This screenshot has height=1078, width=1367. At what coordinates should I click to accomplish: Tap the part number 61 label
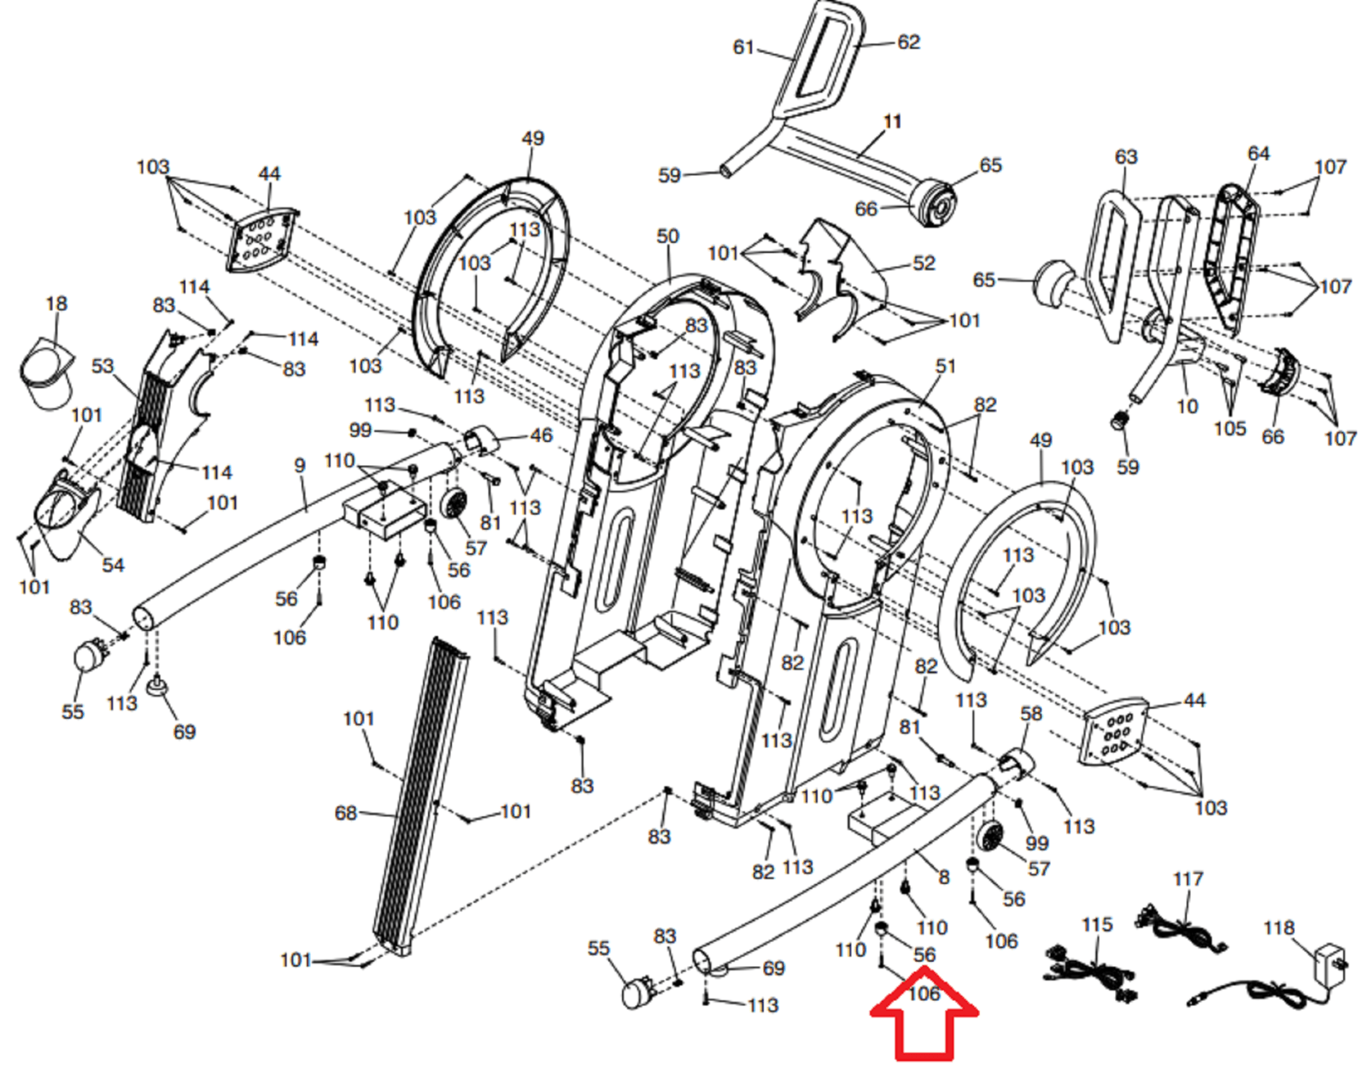click(743, 48)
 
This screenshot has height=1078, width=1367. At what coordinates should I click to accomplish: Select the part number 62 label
click(908, 43)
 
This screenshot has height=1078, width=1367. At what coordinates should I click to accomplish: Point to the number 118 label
click(1278, 928)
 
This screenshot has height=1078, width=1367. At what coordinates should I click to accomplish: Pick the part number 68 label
click(345, 813)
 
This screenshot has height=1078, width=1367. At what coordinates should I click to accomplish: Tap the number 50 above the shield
click(667, 237)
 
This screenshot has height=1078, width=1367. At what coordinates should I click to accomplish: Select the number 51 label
click(945, 367)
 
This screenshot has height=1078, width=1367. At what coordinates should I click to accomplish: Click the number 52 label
click(924, 263)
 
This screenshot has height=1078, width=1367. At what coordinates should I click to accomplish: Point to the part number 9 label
click(299, 466)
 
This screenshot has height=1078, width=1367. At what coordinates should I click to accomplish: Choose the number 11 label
click(892, 122)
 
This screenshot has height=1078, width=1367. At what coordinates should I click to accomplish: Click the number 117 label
click(1188, 879)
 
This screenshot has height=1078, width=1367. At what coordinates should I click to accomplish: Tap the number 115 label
click(1097, 925)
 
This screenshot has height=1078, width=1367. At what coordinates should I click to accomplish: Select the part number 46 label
click(541, 436)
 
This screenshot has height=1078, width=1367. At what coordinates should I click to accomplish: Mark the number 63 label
click(1126, 157)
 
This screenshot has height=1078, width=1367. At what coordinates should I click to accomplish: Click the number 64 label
click(1258, 154)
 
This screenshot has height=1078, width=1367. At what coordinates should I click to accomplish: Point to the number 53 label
click(103, 367)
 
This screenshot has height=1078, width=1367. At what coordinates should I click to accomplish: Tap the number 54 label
click(113, 565)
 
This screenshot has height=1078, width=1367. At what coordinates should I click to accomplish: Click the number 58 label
click(1031, 714)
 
